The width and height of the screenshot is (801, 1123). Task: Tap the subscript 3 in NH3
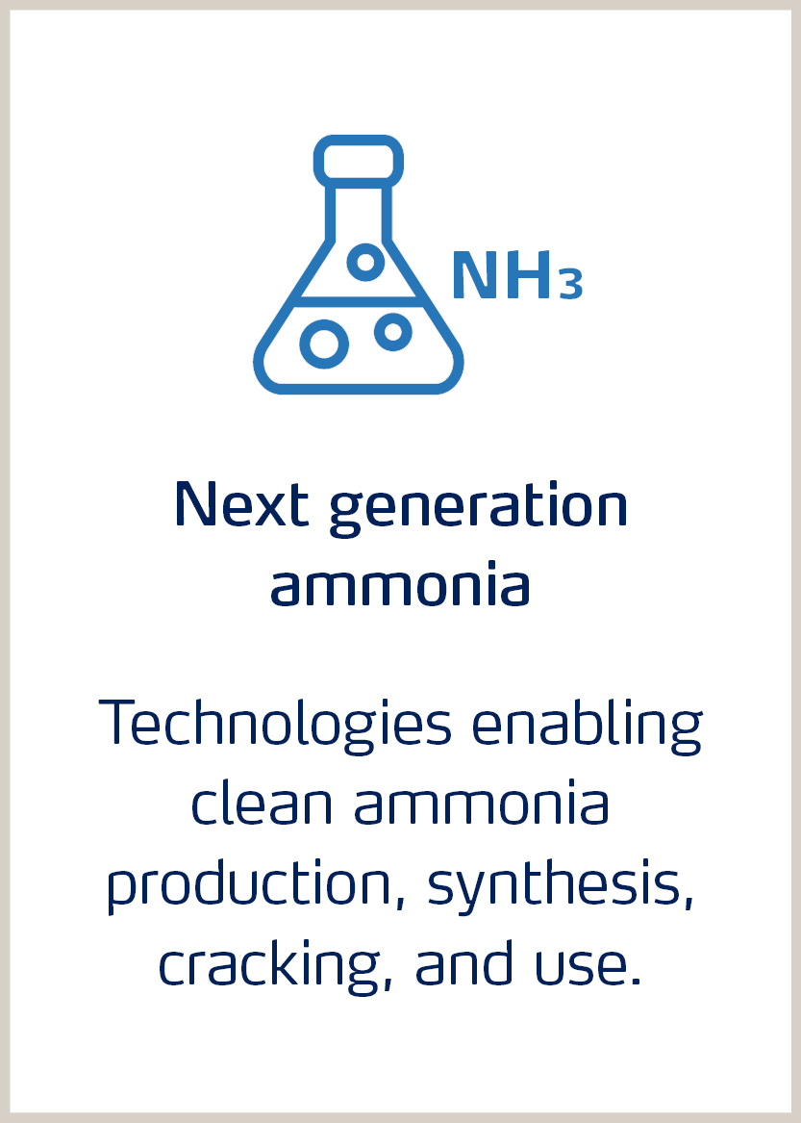coord(571,286)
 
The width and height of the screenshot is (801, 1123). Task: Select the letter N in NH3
coord(476,277)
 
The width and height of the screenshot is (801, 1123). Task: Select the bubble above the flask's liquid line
coord(365,261)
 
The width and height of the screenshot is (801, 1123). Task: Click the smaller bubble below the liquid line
coord(392,332)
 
